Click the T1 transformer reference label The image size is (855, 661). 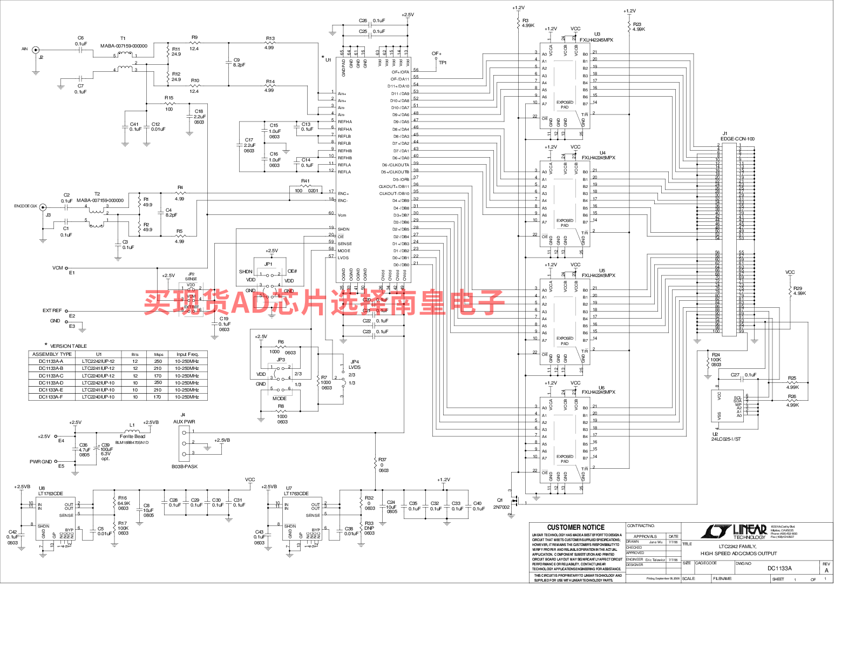coord(123,38)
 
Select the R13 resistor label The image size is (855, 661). coord(270,38)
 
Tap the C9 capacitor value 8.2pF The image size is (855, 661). coord(239,65)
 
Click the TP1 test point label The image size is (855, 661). coord(443,63)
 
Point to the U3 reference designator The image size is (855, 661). coord(597,34)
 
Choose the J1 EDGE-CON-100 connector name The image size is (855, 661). coord(737,139)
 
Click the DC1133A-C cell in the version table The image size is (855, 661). coord(51,376)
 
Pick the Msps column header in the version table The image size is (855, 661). coord(159,355)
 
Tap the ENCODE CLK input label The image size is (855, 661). coord(26,206)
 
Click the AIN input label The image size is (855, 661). coord(24,49)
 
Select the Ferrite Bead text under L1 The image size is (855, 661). coord(132,436)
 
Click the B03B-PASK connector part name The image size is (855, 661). coord(185,467)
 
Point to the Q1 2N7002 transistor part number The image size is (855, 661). coord(501,507)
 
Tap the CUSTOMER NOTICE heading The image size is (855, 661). coord(576,527)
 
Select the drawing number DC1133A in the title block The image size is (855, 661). coord(779,568)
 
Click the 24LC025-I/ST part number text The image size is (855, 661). coord(726,439)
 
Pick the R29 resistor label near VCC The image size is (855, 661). coord(798,288)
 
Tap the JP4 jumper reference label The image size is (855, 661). coord(355,362)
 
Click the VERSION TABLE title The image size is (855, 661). coord(69,346)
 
